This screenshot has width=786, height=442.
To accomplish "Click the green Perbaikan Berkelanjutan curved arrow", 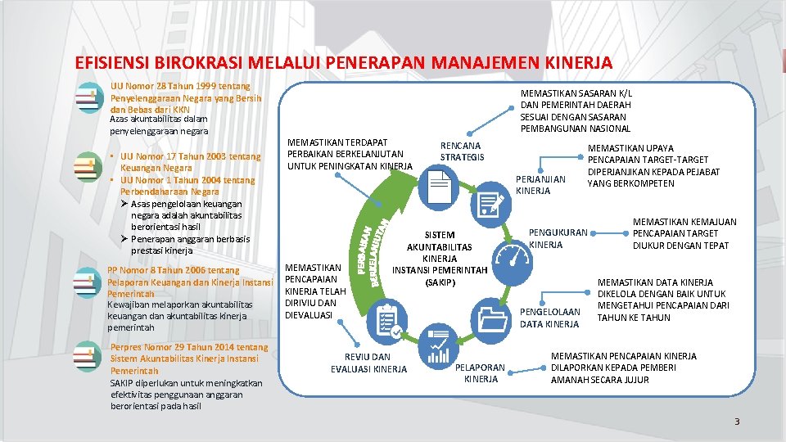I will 373,246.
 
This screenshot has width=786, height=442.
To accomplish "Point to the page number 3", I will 736,422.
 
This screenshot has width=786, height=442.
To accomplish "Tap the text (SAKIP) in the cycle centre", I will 439,282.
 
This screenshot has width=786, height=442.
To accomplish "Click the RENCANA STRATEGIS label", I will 462,151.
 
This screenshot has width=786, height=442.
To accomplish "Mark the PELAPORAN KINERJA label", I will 481,373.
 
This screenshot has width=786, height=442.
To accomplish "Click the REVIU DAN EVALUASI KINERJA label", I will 368,363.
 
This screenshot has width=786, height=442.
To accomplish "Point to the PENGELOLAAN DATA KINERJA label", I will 549,318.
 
